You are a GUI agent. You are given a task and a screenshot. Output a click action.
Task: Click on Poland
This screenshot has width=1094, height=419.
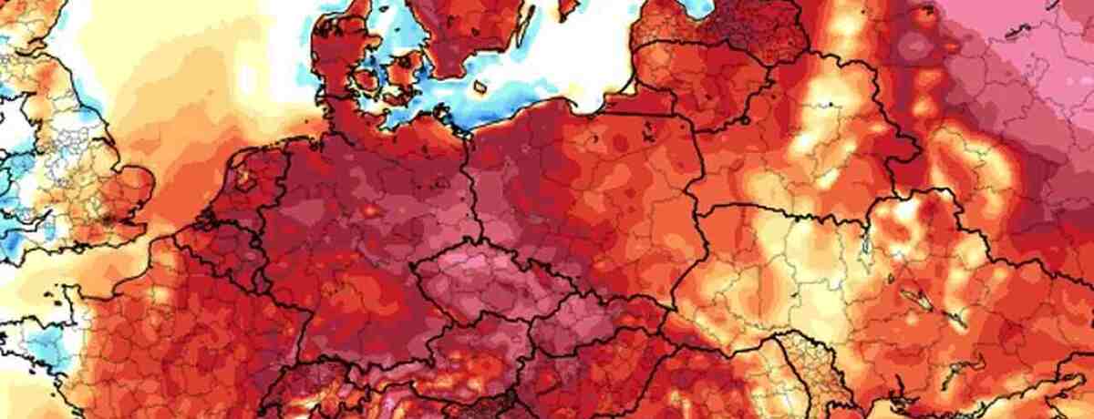pyautogui.click(x=583, y=191)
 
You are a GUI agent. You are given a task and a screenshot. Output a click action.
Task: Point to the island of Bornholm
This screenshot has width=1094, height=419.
pyautogui.click(x=480, y=87)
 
